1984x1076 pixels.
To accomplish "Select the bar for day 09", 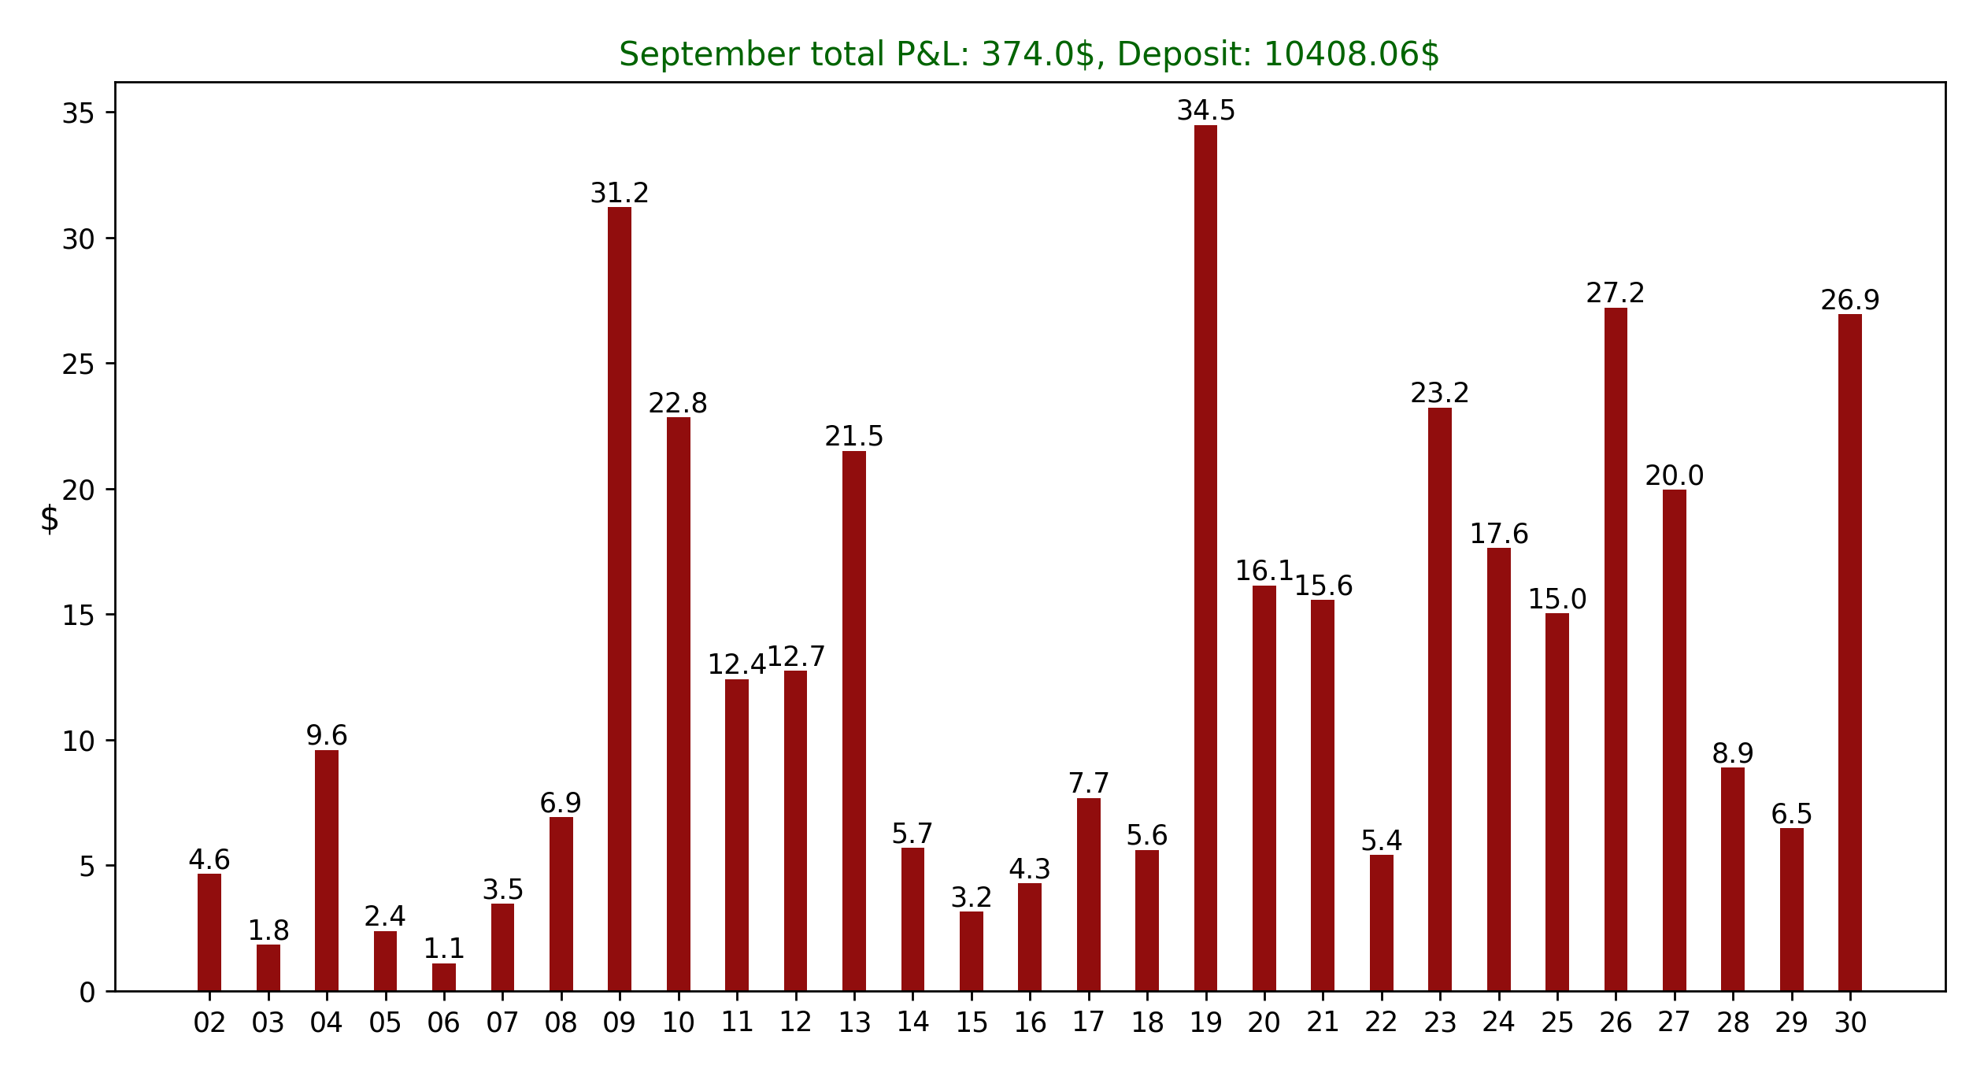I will point(620,598).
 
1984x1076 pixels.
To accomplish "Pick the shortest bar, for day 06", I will point(444,977).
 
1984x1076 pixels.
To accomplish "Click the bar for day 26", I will point(1616,649).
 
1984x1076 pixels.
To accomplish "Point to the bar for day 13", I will point(854,720).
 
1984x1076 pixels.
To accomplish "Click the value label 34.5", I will point(1205,111).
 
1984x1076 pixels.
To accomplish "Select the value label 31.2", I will point(620,193).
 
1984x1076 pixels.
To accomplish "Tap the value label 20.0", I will point(1675,476).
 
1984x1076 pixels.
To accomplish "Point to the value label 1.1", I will point(444,949).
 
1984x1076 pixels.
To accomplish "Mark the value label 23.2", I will point(1440,393).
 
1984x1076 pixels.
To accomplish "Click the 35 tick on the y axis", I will point(78,114).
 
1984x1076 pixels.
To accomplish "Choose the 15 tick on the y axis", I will point(78,616).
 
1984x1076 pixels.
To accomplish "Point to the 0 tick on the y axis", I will point(87,993).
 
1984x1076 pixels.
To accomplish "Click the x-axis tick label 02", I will point(209,1023).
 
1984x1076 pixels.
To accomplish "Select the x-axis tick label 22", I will point(1382,1023).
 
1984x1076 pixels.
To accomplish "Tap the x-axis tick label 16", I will point(1030,1023).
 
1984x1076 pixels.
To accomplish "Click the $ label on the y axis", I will point(50,520).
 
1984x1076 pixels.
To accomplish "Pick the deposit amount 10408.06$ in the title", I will point(1351,55).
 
